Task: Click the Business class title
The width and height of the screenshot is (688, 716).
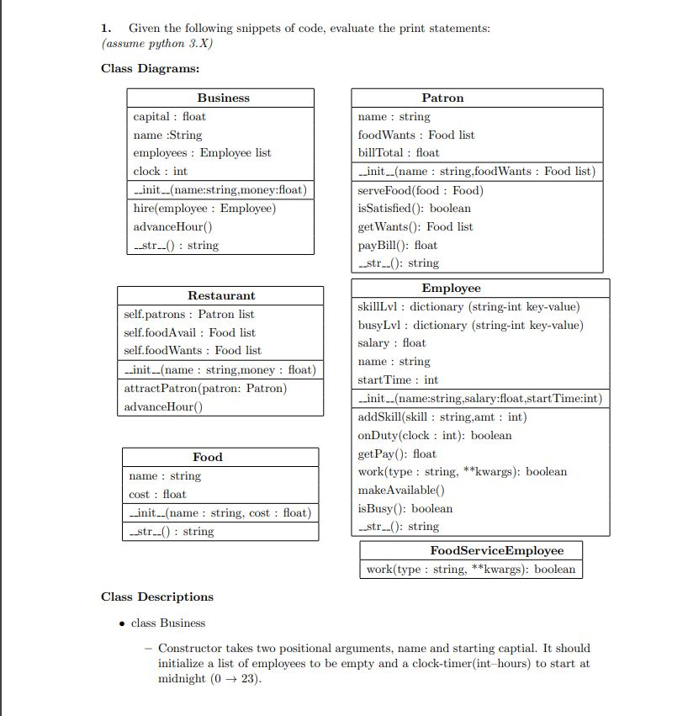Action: click(x=223, y=98)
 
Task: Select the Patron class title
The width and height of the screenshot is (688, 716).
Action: click(x=442, y=98)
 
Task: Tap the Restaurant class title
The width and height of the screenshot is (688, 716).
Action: click(x=221, y=295)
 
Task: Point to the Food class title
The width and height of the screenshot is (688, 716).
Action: click(x=208, y=457)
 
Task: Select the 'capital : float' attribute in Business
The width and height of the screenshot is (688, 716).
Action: click(x=169, y=116)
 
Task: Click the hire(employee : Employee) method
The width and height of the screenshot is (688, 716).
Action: click(x=204, y=208)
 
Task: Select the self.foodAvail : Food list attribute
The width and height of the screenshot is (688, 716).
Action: click(x=189, y=332)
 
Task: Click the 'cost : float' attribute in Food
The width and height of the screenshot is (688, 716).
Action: click(x=157, y=494)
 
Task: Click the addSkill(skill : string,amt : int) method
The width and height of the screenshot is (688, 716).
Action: click(x=442, y=416)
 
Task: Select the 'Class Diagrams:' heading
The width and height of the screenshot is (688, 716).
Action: click(x=150, y=68)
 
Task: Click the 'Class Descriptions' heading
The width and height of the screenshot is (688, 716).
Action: click(x=157, y=597)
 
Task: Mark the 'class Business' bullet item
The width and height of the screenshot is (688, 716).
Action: click(x=168, y=623)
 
